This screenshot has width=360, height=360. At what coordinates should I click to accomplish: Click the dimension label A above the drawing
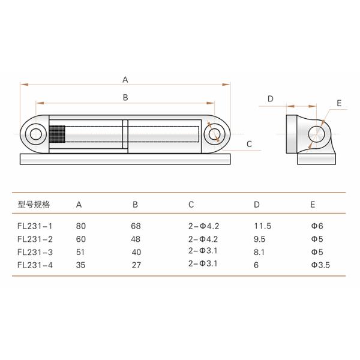pos(125,79)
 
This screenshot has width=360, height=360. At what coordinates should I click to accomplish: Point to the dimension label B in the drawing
pos(125,97)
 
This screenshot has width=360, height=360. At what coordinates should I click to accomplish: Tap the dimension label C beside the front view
pos(250,143)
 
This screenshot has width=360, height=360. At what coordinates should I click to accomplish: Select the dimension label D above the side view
pos(271,98)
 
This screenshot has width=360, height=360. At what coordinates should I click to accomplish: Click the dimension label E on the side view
pos(339,103)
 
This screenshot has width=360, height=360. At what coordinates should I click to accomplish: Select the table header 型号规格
pos(34,205)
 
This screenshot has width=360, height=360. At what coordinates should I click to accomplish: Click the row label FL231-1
pos(35,226)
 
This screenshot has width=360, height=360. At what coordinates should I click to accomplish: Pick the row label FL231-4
pos(35,263)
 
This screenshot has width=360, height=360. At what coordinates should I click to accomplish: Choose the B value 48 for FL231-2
pos(136,239)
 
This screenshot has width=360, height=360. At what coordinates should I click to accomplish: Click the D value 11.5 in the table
pos(262,226)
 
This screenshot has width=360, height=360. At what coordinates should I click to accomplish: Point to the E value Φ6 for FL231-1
pos(317,226)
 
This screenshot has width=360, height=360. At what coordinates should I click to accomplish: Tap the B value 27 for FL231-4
pos(136,263)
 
